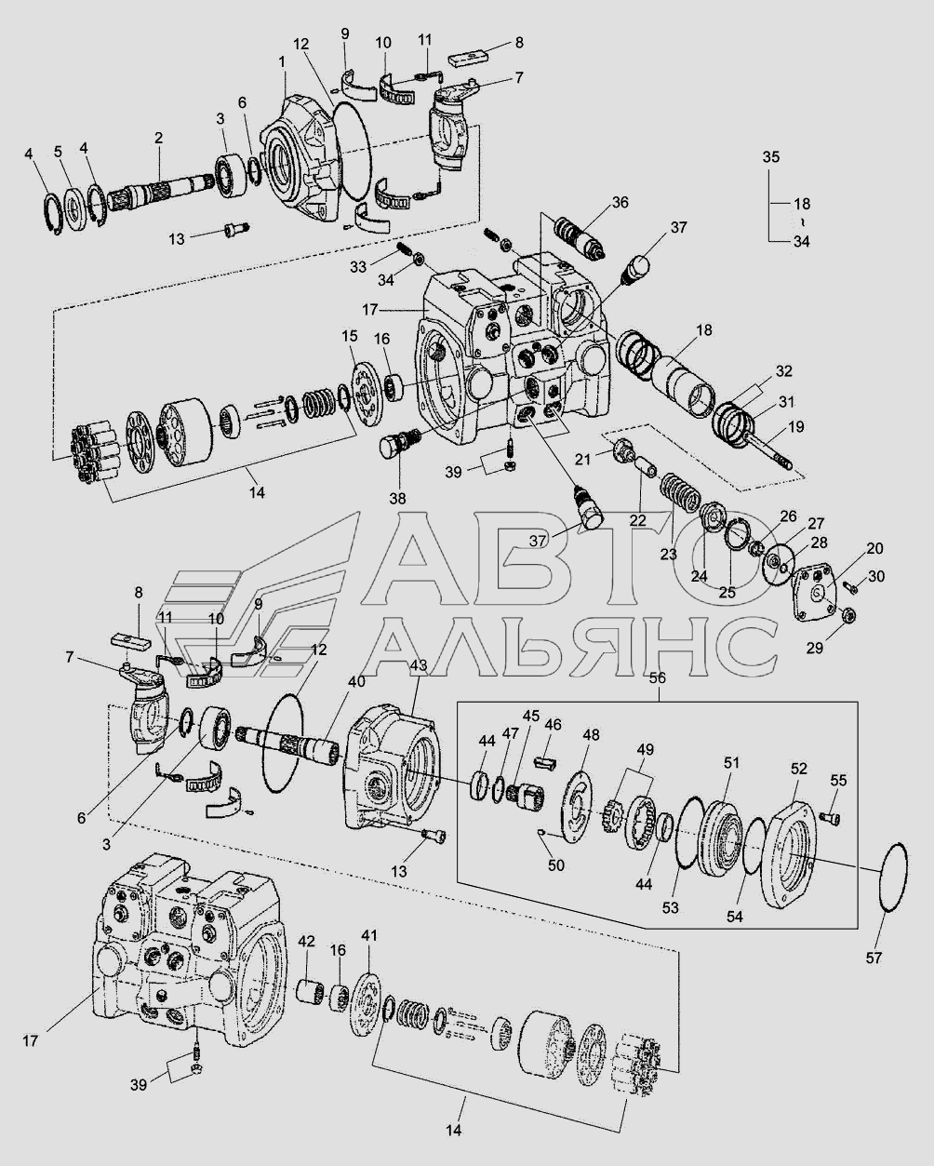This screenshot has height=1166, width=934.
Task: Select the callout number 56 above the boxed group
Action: click(657, 678)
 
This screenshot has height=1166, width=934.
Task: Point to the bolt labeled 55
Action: click(833, 817)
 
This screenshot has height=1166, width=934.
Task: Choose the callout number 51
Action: click(731, 763)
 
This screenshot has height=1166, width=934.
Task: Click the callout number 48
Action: click(592, 735)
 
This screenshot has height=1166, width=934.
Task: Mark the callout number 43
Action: click(418, 666)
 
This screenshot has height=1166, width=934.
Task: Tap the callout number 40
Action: click(356, 680)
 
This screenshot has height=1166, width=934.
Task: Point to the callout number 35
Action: click(771, 157)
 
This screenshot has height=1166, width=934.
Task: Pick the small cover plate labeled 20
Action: click(814, 592)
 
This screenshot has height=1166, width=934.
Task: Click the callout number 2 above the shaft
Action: click(158, 138)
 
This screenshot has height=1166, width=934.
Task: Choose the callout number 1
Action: click(282, 60)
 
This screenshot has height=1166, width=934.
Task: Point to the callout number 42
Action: click(307, 941)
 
